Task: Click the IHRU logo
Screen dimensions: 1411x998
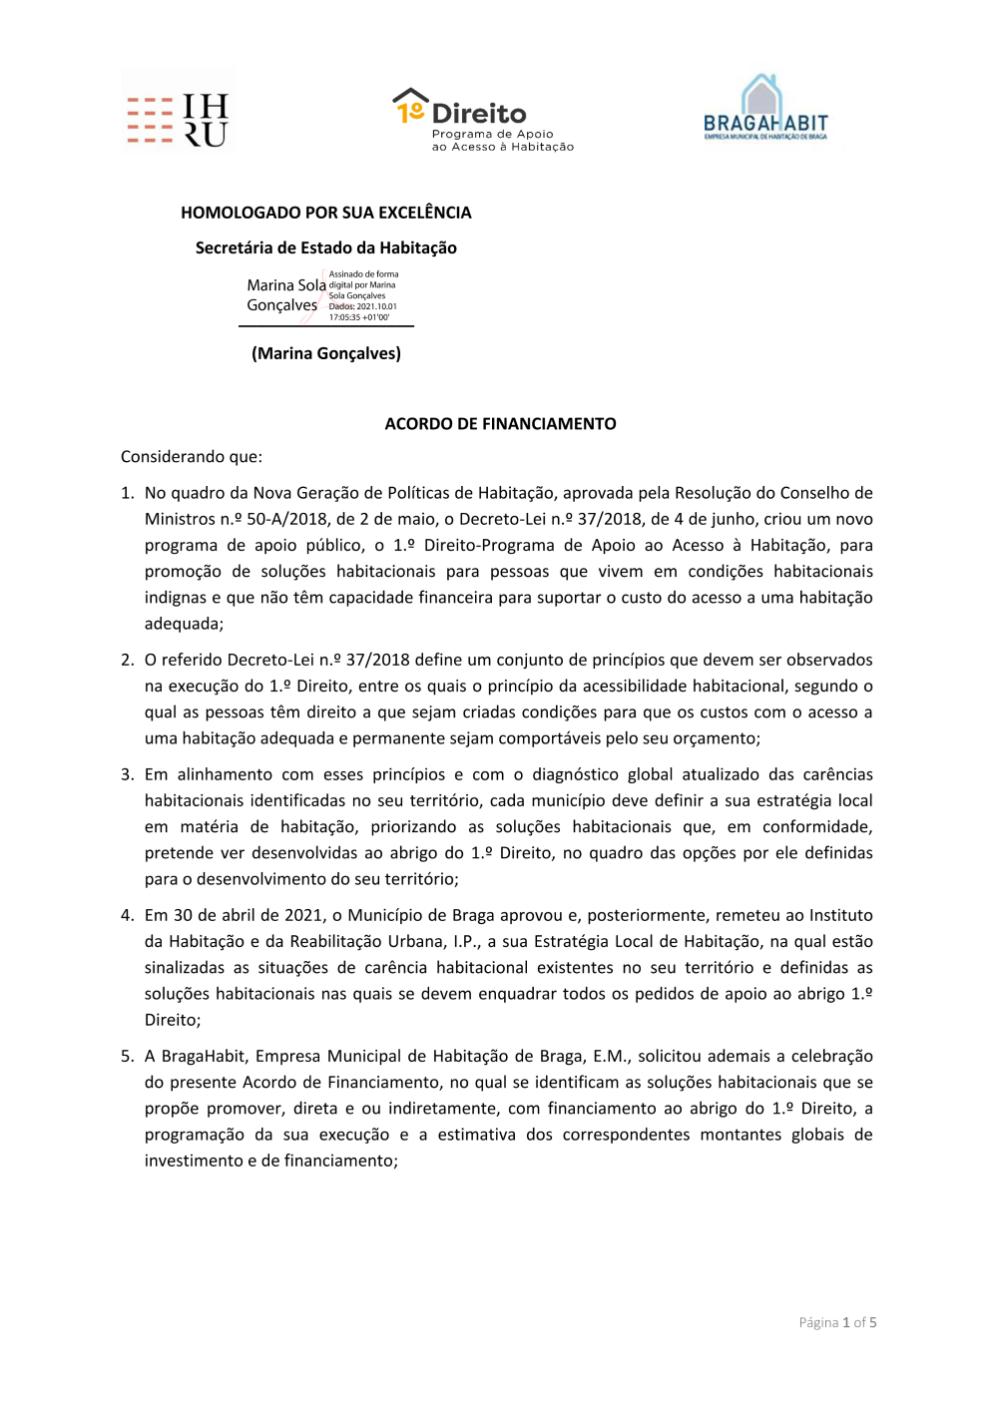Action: click(x=178, y=120)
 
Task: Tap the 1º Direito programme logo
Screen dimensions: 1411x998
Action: click(x=483, y=120)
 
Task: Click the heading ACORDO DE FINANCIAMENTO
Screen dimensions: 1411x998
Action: click(x=500, y=424)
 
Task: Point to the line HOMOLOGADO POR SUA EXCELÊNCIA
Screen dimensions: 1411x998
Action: click(x=325, y=213)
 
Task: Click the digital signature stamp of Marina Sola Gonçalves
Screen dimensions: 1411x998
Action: click(x=323, y=296)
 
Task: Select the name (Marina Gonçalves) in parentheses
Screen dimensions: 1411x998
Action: click(x=325, y=353)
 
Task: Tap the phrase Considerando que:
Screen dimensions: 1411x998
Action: click(x=192, y=457)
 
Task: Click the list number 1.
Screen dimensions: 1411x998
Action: click(x=127, y=493)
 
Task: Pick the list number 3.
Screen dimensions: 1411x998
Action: click(x=127, y=774)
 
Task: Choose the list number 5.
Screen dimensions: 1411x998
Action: click(x=127, y=1056)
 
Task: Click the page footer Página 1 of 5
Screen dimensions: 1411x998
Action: click(x=837, y=1322)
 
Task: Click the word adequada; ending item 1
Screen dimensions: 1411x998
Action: click(x=184, y=624)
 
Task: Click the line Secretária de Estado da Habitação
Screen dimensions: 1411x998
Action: click(x=325, y=247)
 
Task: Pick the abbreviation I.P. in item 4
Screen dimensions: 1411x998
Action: click(x=464, y=941)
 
